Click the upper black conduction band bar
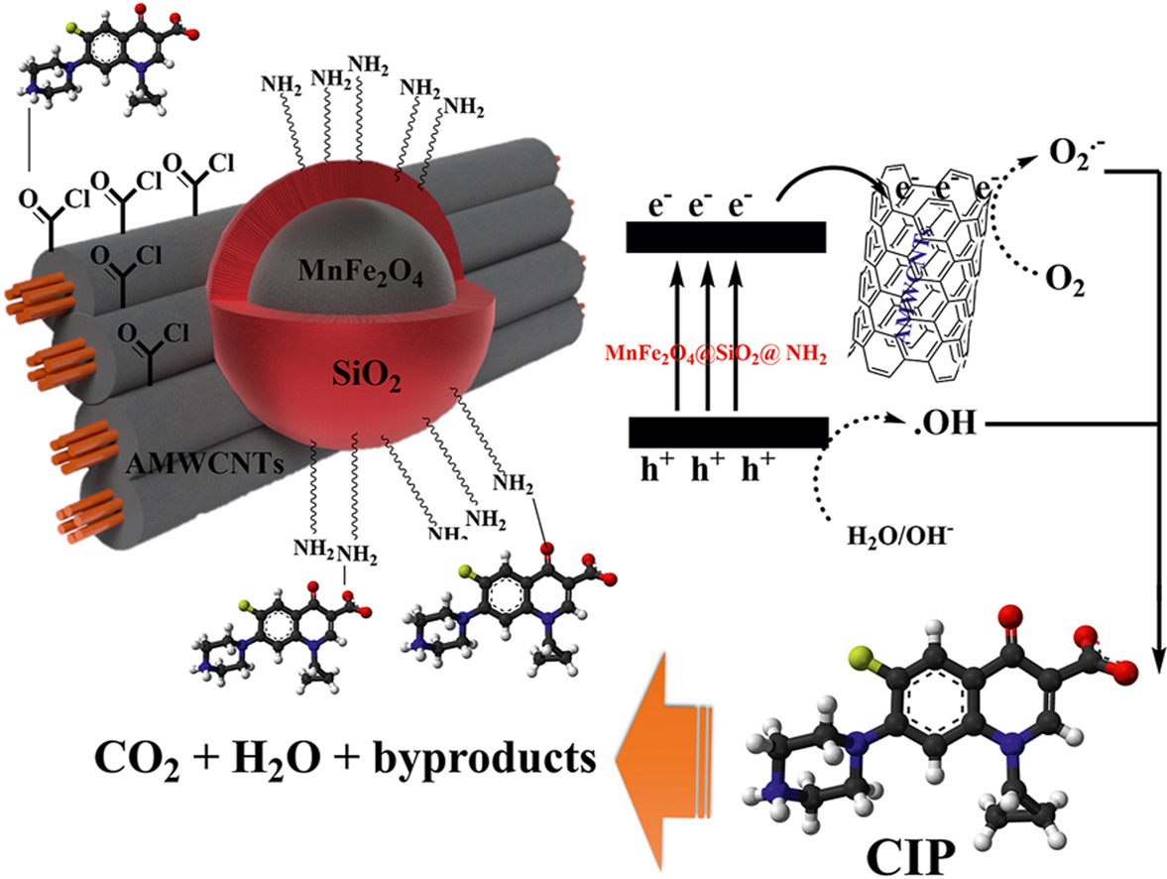726,236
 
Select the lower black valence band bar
728,433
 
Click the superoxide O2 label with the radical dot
1074,157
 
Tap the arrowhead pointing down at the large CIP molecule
1157,655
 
